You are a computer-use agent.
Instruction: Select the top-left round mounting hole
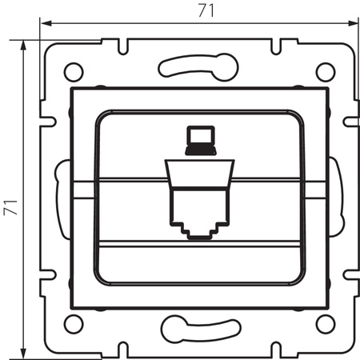click(x=73, y=70)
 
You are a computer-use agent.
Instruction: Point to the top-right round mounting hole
click(x=324, y=70)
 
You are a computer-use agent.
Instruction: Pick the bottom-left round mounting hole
click(x=73, y=322)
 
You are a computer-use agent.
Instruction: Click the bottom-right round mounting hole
click(x=324, y=322)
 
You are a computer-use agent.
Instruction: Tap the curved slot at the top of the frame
click(x=198, y=66)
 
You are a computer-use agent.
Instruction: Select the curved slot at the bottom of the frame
click(x=198, y=327)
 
